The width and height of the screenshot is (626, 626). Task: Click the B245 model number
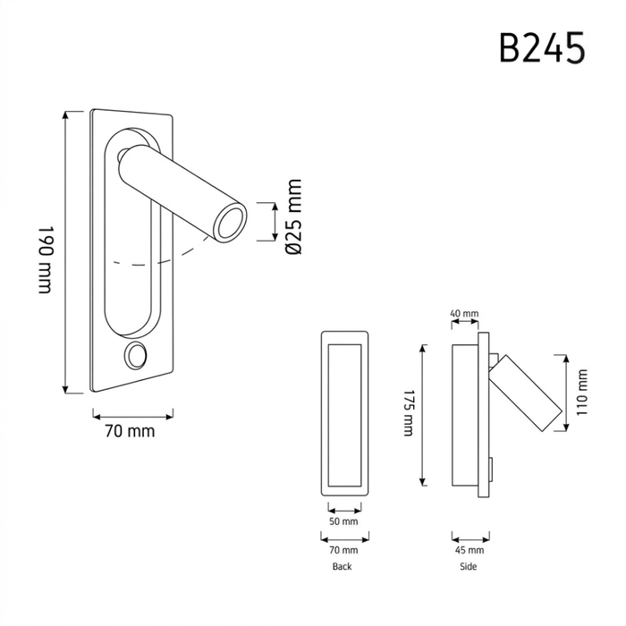click(542, 48)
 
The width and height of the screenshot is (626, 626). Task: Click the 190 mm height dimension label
click(46, 260)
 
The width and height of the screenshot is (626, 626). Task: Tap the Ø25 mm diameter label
click(294, 216)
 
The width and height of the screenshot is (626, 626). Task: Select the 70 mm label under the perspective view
click(130, 432)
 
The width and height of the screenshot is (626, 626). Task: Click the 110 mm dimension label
click(582, 392)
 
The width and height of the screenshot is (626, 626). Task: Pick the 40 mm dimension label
click(464, 313)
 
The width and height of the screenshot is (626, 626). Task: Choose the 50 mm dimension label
click(343, 521)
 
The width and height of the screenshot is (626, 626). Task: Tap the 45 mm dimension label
click(469, 550)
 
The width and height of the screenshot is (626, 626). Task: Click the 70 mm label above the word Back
click(343, 550)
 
